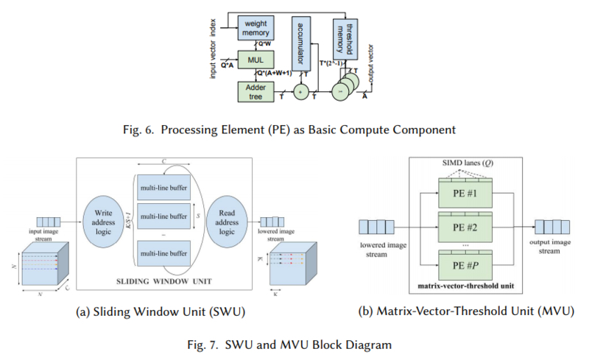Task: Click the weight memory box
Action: [x=255, y=29]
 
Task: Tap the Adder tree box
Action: [x=255, y=92]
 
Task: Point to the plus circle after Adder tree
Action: [x=300, y=93]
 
